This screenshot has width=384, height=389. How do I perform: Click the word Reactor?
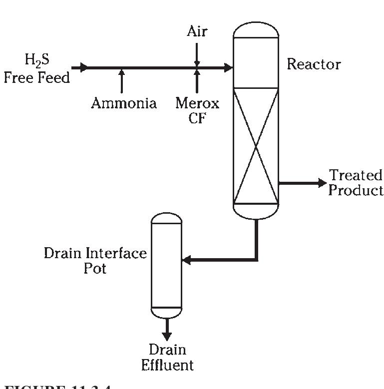(314, 64)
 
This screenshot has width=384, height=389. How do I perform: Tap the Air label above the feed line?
(197, 31)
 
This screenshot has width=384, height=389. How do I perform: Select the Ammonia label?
(123, 103)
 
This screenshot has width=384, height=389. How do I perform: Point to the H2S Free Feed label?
(37, 69)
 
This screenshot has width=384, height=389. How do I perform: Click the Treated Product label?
(355, 183)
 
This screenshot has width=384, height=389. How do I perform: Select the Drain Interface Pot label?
(95, 260)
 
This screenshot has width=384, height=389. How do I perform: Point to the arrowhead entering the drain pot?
(187, 260)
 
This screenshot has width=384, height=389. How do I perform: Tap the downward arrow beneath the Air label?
(197, 62)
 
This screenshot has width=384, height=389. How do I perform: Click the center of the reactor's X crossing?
(256, 146)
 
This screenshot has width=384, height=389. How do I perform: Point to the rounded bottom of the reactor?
(256, 212)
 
